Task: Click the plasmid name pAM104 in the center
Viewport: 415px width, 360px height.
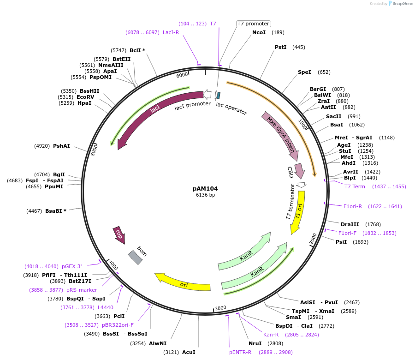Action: click(205, 188)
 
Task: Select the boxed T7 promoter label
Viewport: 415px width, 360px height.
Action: click(253, 24)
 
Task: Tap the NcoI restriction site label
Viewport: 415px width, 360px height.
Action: click(259, 32)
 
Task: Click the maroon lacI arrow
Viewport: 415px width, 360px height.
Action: click(152, 111)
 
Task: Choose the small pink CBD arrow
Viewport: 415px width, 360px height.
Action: click(299, 171)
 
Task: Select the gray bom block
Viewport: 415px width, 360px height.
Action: click(135, 257)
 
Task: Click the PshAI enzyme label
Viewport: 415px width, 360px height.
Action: click(61, 146)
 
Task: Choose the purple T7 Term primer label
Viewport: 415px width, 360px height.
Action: click(355, 186)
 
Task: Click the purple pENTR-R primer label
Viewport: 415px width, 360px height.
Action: click(240, 352)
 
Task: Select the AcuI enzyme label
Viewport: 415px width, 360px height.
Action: click(189, 352)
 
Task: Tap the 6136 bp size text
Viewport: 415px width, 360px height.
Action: click(205, 195)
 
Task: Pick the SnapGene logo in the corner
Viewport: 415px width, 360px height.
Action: click(399, 4)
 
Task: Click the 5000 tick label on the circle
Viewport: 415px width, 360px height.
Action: click(95, 150)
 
